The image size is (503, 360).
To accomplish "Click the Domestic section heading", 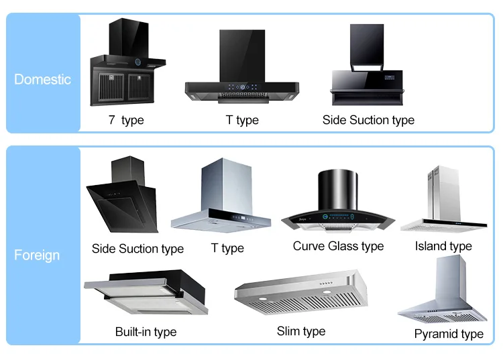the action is (42, 79).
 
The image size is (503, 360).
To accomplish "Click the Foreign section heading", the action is (37, 255).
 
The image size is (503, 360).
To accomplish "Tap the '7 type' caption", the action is (126, 120).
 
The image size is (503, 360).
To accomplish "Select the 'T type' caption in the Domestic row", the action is (241, 120).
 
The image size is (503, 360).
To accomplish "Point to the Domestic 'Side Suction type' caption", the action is (368, 120).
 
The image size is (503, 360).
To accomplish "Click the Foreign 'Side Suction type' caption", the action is (137, 249).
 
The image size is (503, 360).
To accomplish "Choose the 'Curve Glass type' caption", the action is (338, 246).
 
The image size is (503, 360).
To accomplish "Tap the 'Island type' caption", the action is (443, 246).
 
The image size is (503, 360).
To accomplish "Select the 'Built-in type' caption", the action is (146, 332).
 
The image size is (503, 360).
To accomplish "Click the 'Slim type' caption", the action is (301, 331).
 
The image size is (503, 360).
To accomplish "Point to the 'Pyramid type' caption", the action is (449, 334).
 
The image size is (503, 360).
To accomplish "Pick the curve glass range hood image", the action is (337, 202).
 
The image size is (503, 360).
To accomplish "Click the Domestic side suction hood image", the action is (367, 67).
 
